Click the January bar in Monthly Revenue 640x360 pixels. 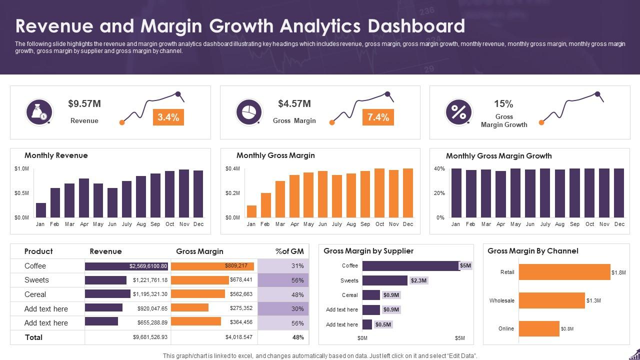point(41,210)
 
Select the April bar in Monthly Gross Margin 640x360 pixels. point(294,196)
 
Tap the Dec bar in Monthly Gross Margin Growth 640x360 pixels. point(619,193)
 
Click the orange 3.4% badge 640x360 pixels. point(168,117)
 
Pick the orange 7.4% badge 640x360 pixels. point(378,117)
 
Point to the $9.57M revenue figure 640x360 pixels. point(84,104)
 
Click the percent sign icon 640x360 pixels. point(458,112)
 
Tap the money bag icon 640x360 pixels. point(39,112)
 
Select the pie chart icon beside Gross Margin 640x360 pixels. point(249,112)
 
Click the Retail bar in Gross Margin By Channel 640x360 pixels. point(564,272)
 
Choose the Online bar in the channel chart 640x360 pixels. point(539,328)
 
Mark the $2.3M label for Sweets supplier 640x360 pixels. point(418,280)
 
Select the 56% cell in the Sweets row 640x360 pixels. point(297,280)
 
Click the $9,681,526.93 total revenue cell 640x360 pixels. point(150,337)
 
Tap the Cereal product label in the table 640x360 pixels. point(35,294)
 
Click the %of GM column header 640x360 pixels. point(289,251)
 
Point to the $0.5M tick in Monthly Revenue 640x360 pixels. point(21,193)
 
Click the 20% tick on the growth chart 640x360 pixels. point(439,193)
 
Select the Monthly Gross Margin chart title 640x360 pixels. point(275,155)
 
